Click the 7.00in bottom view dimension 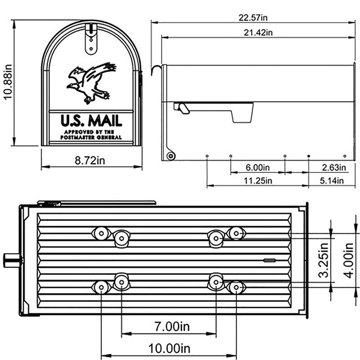coord(169,326)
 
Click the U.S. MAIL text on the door coord(91,121)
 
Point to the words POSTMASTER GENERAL coord(91,137)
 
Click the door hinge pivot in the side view coord(170,156)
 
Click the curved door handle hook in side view coord(157,69)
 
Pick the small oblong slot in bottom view coord(269,260)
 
